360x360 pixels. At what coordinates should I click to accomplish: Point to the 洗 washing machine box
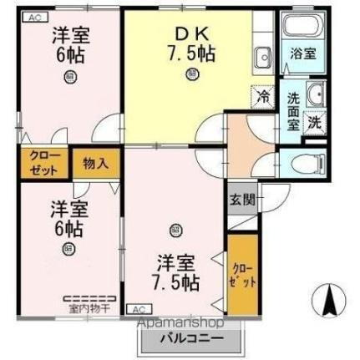tap(314, 119)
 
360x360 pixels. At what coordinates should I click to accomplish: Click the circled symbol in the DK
tap(193, 74)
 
